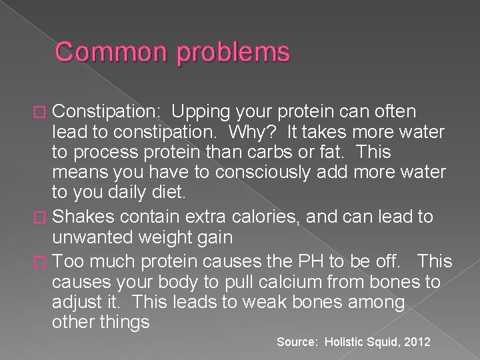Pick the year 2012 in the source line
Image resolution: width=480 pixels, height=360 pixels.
417,342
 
